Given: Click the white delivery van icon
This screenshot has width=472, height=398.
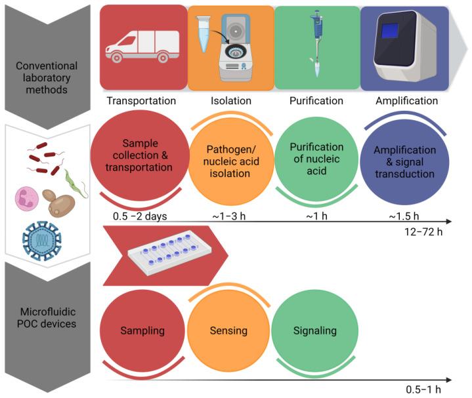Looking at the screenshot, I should tap(142, 48).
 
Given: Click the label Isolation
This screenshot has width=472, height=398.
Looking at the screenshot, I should tap(231, 101).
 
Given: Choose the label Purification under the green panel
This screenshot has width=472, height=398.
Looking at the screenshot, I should tap(316, 101).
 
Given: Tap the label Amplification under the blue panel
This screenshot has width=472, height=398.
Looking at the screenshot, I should tap(406, 101).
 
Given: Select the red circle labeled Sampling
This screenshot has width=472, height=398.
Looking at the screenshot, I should tap(141, 330).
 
